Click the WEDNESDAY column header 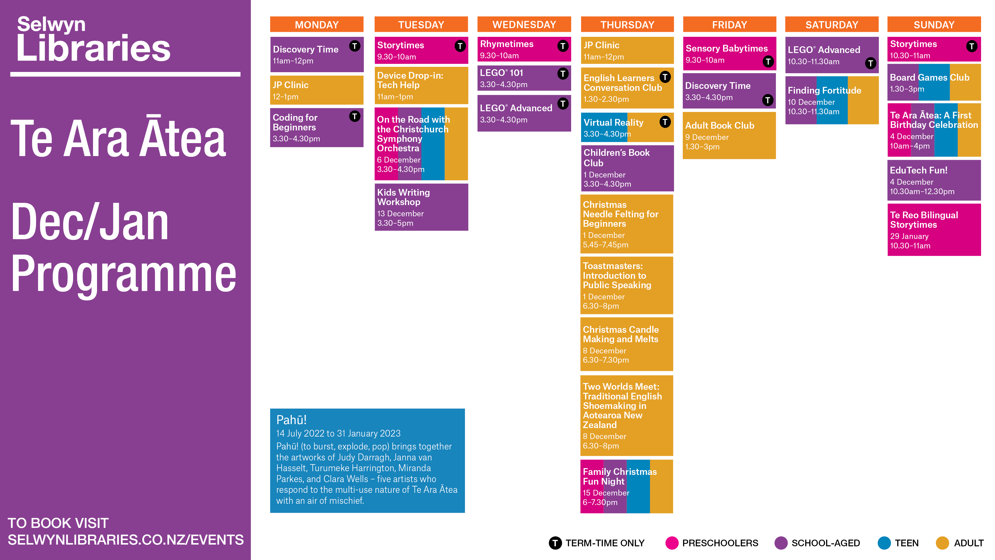click(524, 25)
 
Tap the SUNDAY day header click(934, 25)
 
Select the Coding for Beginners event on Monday click(316, 127)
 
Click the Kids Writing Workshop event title click(403, 197)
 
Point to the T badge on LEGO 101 click(563, 73)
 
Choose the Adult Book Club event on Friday click(729, 135)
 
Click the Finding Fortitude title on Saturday click(824, 90)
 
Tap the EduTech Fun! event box click(934, 180)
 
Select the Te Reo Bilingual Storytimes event click(934, 229)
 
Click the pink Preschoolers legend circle click(672, 543)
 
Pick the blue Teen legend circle click(884, 543)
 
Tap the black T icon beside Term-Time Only click(555, 543)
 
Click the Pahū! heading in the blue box click(291, 420)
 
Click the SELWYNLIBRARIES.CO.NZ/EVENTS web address click(126, 540)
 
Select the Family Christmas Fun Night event click(626, 486)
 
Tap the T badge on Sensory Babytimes click(768, 61)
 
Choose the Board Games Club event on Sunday click(934, 82)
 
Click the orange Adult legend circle click(942, 543)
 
